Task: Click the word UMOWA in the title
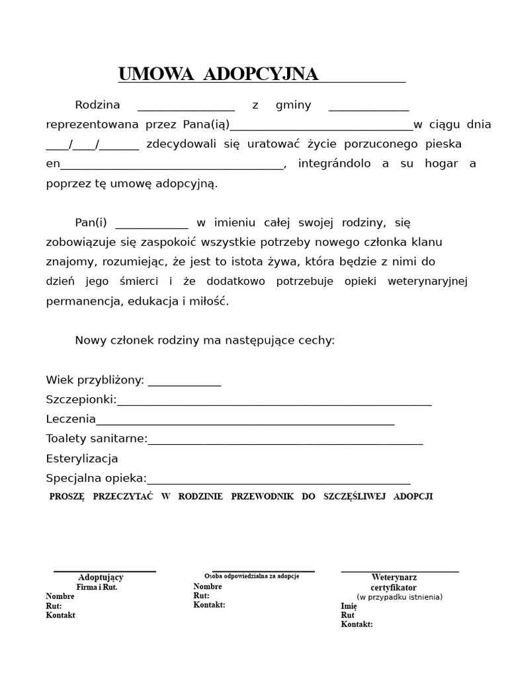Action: [x=156, y=74]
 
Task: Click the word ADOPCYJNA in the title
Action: [x=261, y=74]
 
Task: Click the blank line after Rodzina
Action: [x=186, y=106]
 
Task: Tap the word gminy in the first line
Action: [x=293, y=105]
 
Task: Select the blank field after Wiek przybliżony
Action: [x=184, y=381]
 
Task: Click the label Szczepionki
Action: [x=81, y=399]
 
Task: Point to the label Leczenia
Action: [x=71, y=419]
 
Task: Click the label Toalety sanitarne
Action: [x=97, y=438]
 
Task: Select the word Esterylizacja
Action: [x=82, y=458]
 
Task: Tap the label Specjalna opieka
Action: [x=96, y=478]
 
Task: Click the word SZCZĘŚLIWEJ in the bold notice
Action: [x=354, y=497]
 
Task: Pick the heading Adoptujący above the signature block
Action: [x=101, y=577]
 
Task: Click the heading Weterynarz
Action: [x=394, y=577]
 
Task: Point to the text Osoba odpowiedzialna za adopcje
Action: [x=251, y=576]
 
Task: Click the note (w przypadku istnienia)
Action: [x=399, y=596]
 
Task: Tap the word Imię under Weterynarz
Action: [x=349, y=606]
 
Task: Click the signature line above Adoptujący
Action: [x=105, y=571]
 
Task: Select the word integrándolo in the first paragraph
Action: [x=334, y=163]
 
